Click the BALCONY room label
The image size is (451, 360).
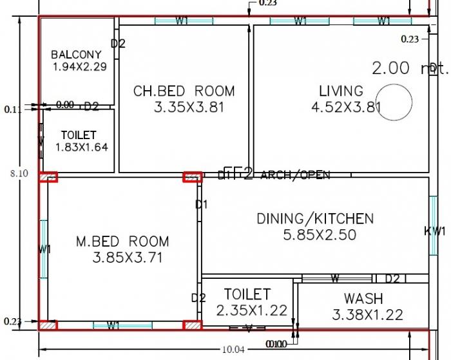coord(77,55)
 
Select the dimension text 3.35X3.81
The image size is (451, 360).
coord(189,108)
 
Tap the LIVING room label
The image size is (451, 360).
coord(341,91)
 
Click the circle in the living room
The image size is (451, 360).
coord(394,103)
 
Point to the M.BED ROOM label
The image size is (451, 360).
coord(122,242)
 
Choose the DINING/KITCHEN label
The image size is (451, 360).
coord(315,219)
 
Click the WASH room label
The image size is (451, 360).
coord(363,299)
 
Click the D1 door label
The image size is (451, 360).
coord(201,205)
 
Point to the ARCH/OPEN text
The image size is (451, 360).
coord(295,175)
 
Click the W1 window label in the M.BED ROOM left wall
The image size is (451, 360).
coord(44,249)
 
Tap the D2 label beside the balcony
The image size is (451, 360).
coord(118,44)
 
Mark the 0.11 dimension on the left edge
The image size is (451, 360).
coord(12,109)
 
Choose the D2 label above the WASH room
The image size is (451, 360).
coord(392,279)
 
